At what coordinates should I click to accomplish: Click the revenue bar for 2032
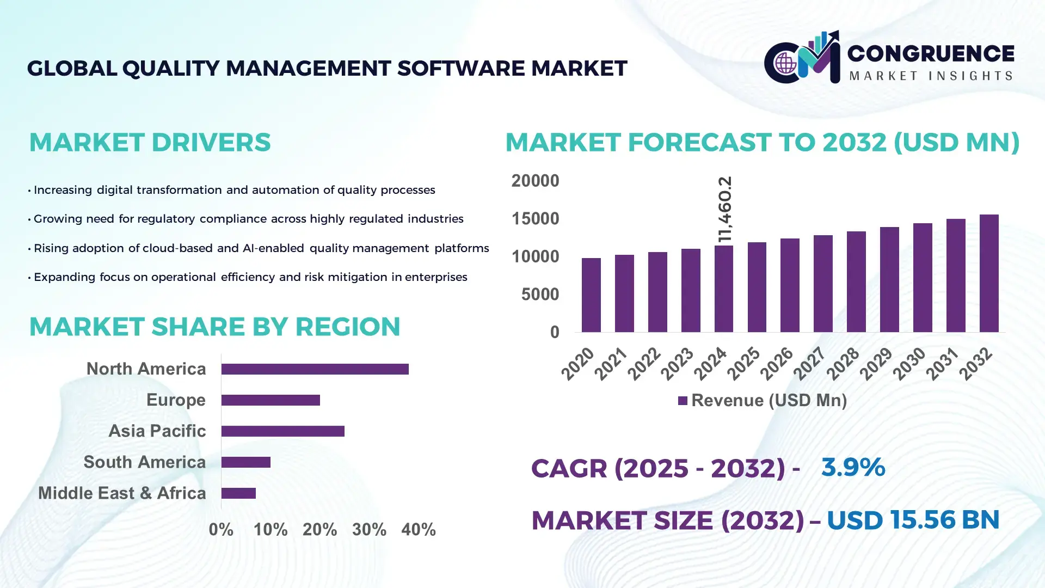(989, 273)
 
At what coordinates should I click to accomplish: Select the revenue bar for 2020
(591, 295)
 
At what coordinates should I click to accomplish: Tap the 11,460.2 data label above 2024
(725, 210)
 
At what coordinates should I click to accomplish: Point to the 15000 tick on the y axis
(535, 219)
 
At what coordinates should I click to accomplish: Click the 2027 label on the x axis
(809, 363)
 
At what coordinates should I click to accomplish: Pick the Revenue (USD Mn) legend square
(683, 401)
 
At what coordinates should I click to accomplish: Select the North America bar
(315, 369)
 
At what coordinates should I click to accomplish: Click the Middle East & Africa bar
(238, 493)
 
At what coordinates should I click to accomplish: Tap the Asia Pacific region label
(157, 431)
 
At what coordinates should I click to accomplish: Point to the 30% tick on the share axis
(369, 530)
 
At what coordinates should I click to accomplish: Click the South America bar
(246, 462)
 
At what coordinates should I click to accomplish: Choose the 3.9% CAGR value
(853, 467)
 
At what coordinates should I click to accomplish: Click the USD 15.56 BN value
(913, 520)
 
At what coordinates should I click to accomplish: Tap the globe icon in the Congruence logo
(785, 63)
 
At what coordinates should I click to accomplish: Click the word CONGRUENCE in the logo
(930, 53)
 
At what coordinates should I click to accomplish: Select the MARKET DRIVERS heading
(150, 143)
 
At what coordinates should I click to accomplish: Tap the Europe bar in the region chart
(271, 400)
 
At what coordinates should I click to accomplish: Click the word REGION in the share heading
(347, 327)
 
